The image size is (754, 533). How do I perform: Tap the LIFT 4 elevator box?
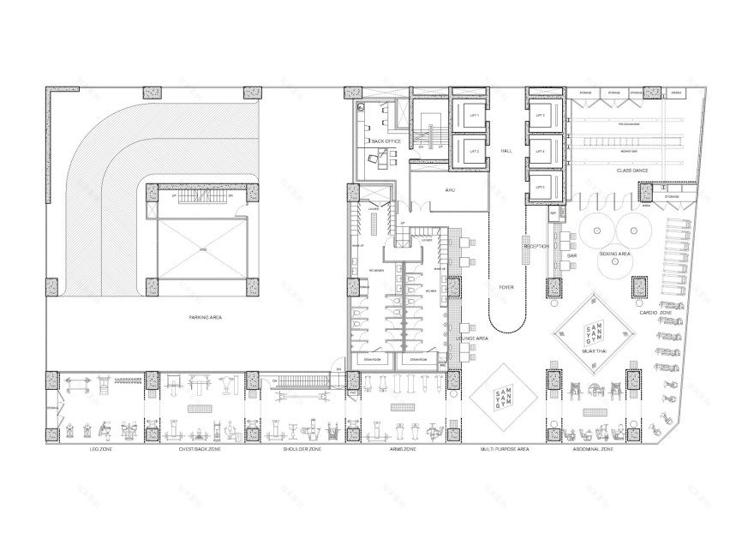(540, 152)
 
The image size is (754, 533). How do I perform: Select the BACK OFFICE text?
(386, 141)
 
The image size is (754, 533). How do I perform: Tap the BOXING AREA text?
(616, 254)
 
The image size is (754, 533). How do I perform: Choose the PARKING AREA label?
(206, 317)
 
